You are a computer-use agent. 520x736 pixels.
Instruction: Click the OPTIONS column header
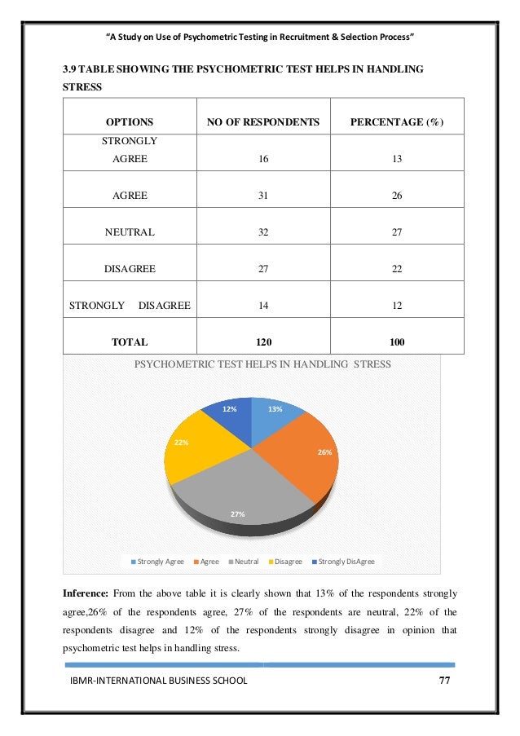129,122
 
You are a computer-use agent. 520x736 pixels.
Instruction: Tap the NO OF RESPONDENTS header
262,122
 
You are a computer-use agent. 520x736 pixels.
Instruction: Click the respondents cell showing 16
262,160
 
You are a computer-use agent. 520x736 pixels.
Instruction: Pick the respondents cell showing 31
262,196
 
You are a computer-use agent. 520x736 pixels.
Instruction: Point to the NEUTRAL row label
130,232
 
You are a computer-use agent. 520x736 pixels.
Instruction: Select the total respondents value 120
262,342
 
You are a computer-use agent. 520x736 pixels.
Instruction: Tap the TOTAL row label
130,342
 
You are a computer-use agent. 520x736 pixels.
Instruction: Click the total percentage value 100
397,342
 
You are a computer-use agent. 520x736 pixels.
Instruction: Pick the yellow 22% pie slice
196,448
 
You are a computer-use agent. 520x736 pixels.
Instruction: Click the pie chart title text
262,365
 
